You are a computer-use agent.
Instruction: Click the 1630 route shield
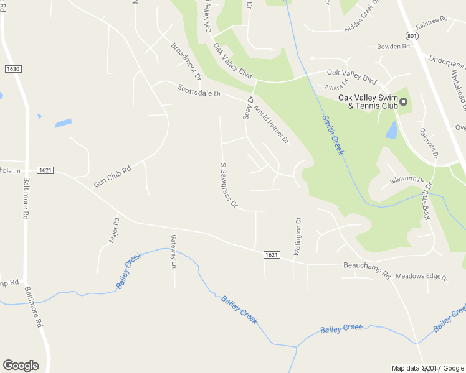(12, 68)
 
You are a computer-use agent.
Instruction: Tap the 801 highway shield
(411, 37)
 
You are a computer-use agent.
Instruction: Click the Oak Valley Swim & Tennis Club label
(368, 101)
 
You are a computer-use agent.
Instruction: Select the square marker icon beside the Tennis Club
(403, 101)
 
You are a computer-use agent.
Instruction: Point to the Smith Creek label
(333, 134)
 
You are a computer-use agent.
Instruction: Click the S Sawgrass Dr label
(229, 185)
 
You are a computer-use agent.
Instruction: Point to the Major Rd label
(115, 230)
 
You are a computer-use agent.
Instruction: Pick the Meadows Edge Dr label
(422, 277)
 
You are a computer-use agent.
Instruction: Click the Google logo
(21, 366)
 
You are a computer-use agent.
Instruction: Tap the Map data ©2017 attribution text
(427, 368)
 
